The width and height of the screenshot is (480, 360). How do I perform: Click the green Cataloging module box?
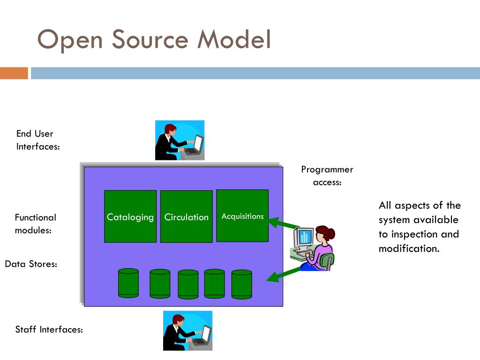[130, 216]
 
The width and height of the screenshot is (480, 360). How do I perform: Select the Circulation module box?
[187, 217]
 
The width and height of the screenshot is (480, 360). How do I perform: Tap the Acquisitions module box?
[242, 216]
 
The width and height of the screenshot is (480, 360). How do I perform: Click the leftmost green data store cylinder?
[128, 283]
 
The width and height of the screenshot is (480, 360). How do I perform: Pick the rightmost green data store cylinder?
[242, 285]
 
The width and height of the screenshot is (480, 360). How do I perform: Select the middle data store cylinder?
[188, 285]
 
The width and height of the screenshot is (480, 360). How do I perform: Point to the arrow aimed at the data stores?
[284, 275]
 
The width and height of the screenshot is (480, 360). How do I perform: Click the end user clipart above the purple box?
[180, 140]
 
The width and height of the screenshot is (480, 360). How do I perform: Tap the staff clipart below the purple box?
[187, 330]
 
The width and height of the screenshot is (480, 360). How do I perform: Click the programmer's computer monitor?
[304, 237]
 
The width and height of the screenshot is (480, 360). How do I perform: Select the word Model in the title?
[234, 39]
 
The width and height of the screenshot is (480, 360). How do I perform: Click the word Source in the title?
[150, 39]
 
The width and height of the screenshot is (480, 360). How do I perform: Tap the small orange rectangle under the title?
[14, 73]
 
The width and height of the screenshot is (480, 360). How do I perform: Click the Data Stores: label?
[31, 264]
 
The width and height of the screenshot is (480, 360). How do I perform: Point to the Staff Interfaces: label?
[49, 330]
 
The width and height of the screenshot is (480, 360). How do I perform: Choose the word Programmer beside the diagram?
[327, 170]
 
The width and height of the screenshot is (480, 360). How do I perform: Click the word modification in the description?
[409, 248]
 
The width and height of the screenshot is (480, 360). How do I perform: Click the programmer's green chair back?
[327, 261]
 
